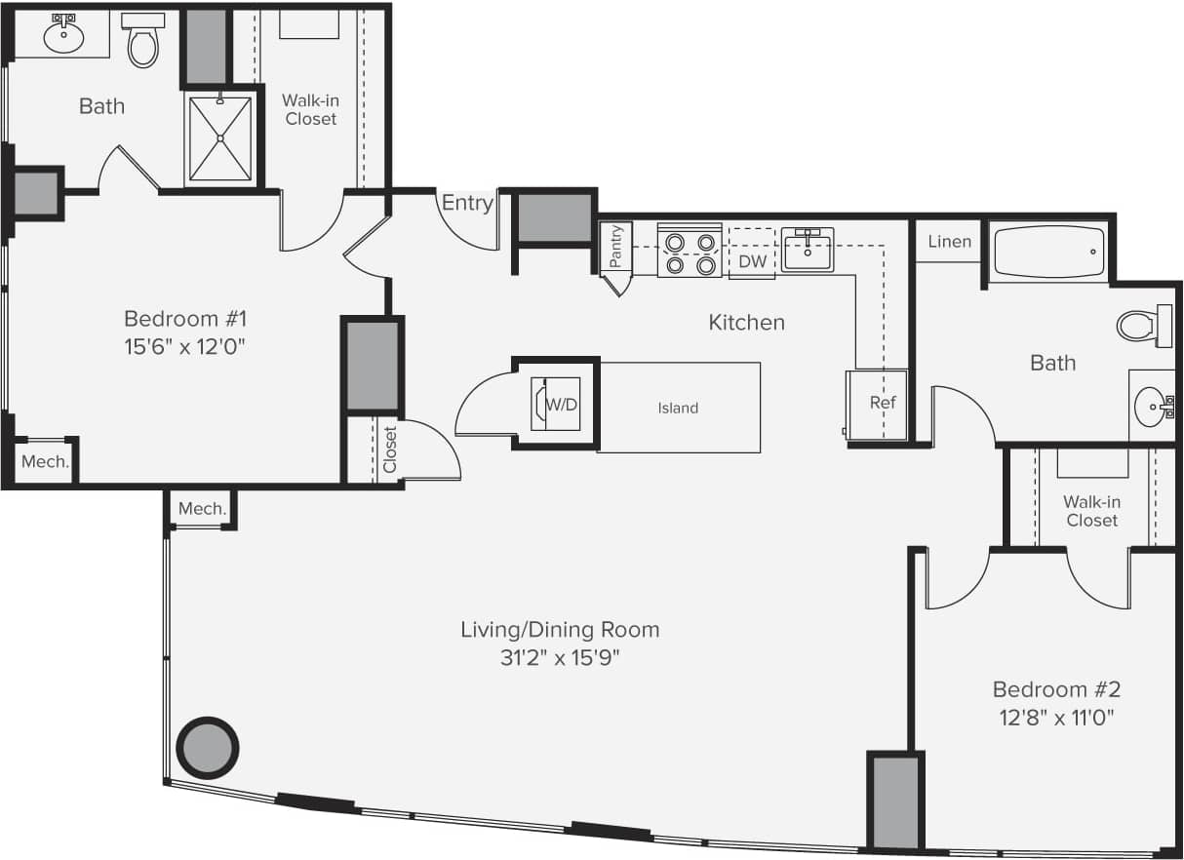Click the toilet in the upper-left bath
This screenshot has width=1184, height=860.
point(143,41)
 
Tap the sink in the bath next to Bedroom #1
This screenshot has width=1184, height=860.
point(64,36)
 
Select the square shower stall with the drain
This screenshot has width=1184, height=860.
point(219,137)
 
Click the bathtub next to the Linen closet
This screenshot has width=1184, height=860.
point(1047,252)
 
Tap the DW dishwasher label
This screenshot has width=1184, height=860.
point(752,261)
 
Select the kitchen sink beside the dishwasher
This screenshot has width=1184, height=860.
point(808,250)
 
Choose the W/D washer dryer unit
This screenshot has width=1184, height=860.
point(557,404)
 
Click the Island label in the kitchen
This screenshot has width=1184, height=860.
point(678,408)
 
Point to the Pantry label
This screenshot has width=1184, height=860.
point(615,247)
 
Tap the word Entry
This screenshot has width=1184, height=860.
point(467,203)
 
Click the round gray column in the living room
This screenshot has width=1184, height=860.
point(207,748)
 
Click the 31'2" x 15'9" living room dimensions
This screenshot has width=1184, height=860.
point(560,657)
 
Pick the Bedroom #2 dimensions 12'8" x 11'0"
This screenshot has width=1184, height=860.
point(1056,719)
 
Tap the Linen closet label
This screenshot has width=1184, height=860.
point(949,241)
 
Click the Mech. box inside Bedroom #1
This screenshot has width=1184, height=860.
point(45,462)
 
